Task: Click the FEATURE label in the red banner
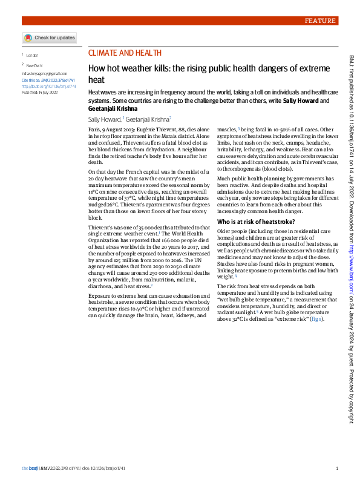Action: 320,21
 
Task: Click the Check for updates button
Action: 51,38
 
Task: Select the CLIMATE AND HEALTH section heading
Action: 125,53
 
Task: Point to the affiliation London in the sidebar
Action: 32,55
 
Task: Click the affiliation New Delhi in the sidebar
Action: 34,65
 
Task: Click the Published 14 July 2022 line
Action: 39,93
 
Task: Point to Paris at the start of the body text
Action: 94,130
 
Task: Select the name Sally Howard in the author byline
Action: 105,120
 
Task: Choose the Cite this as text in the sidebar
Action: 30,79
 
